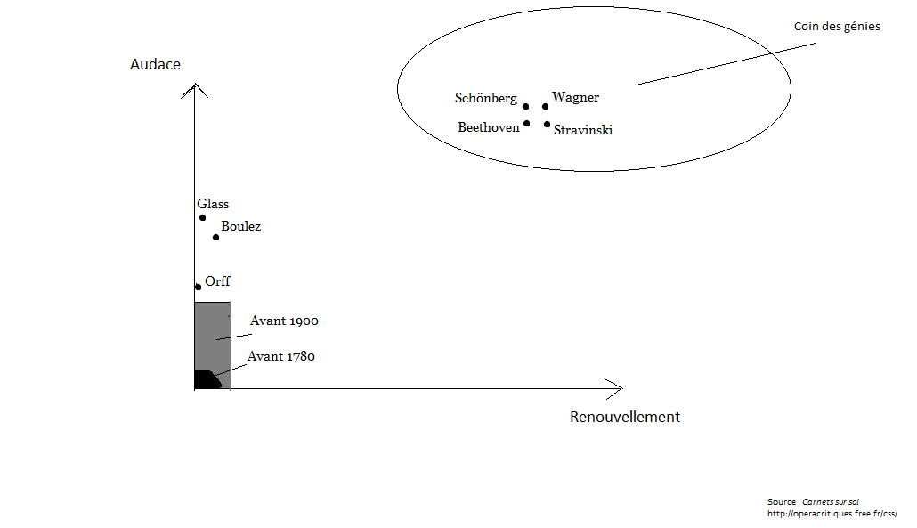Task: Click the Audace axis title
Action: pos(155,64)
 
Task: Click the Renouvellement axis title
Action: pos(625,417)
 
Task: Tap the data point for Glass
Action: pos(202,217)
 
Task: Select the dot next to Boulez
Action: pos(215,238)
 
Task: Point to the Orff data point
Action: pos(199,287)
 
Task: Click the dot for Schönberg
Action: pos(526,107)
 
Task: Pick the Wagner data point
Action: pos(545,107)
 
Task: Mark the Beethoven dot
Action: pos(527,124)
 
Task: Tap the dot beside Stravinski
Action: pos(547,124)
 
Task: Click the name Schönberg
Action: pos(486,98)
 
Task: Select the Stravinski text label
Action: pos(583,130)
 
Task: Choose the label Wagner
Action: pos(575,97)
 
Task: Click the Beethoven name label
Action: pos(489,127)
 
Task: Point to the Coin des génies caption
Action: pos(837,27)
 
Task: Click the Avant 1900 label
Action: pos(284,321)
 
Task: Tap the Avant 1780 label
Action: pos(281,356)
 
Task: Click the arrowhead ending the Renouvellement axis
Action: pos(614,389)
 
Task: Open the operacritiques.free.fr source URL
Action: pos(832,514)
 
